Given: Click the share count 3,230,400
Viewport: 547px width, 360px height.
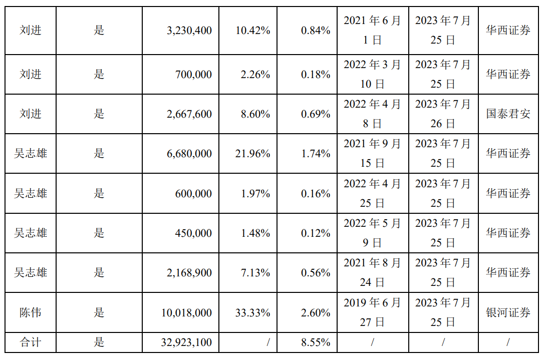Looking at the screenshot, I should pos(189,31).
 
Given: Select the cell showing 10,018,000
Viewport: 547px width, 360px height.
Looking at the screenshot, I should pos(186,313).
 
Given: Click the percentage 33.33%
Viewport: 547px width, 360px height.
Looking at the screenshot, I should pos(252,313).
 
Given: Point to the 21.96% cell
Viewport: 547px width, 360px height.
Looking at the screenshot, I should pos(252,154).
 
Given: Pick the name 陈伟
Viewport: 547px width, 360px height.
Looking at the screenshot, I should pos(31,313).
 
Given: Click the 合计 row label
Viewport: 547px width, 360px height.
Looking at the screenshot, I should pos(31,343).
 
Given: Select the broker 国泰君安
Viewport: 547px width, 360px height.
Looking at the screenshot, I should pos(508,114).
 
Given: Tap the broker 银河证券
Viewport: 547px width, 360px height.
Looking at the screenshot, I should pos(508,313).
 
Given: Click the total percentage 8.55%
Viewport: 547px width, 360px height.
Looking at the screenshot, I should pos(316,343).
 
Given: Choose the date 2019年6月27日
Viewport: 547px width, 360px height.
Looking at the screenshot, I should pos(372,313).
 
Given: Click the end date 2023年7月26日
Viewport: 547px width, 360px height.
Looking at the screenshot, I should pos(443,114).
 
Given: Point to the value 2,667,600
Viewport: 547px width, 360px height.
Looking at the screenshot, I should pos(189,114).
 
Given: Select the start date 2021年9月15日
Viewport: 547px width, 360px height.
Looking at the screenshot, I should pos(372,154).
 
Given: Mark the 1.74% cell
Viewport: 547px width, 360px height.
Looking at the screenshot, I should pos(316,154).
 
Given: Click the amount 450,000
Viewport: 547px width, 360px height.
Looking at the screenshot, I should pos(193,233).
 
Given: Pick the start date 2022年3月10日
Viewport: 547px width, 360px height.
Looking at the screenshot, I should pos(372,75).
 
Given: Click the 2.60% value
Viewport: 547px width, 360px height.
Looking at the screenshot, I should pos(316,313).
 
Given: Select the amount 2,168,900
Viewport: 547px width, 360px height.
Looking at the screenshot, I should pos(189,273).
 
